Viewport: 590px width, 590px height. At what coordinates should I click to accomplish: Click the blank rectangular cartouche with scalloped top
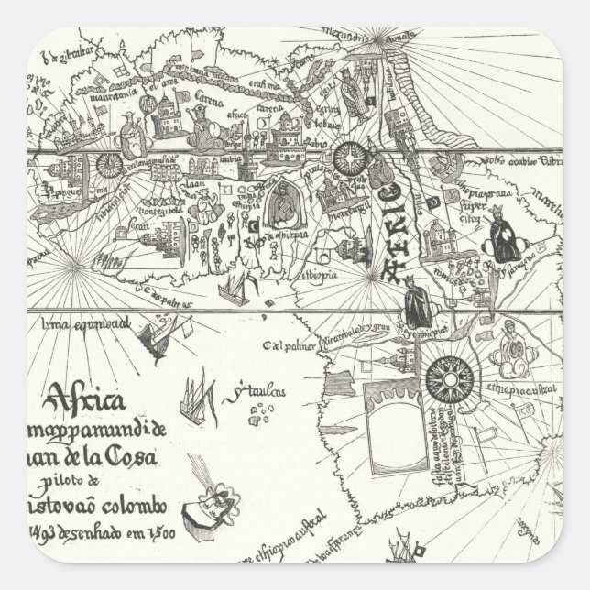[393, 416]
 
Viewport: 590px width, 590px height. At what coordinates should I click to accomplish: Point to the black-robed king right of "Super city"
[504, 224]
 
